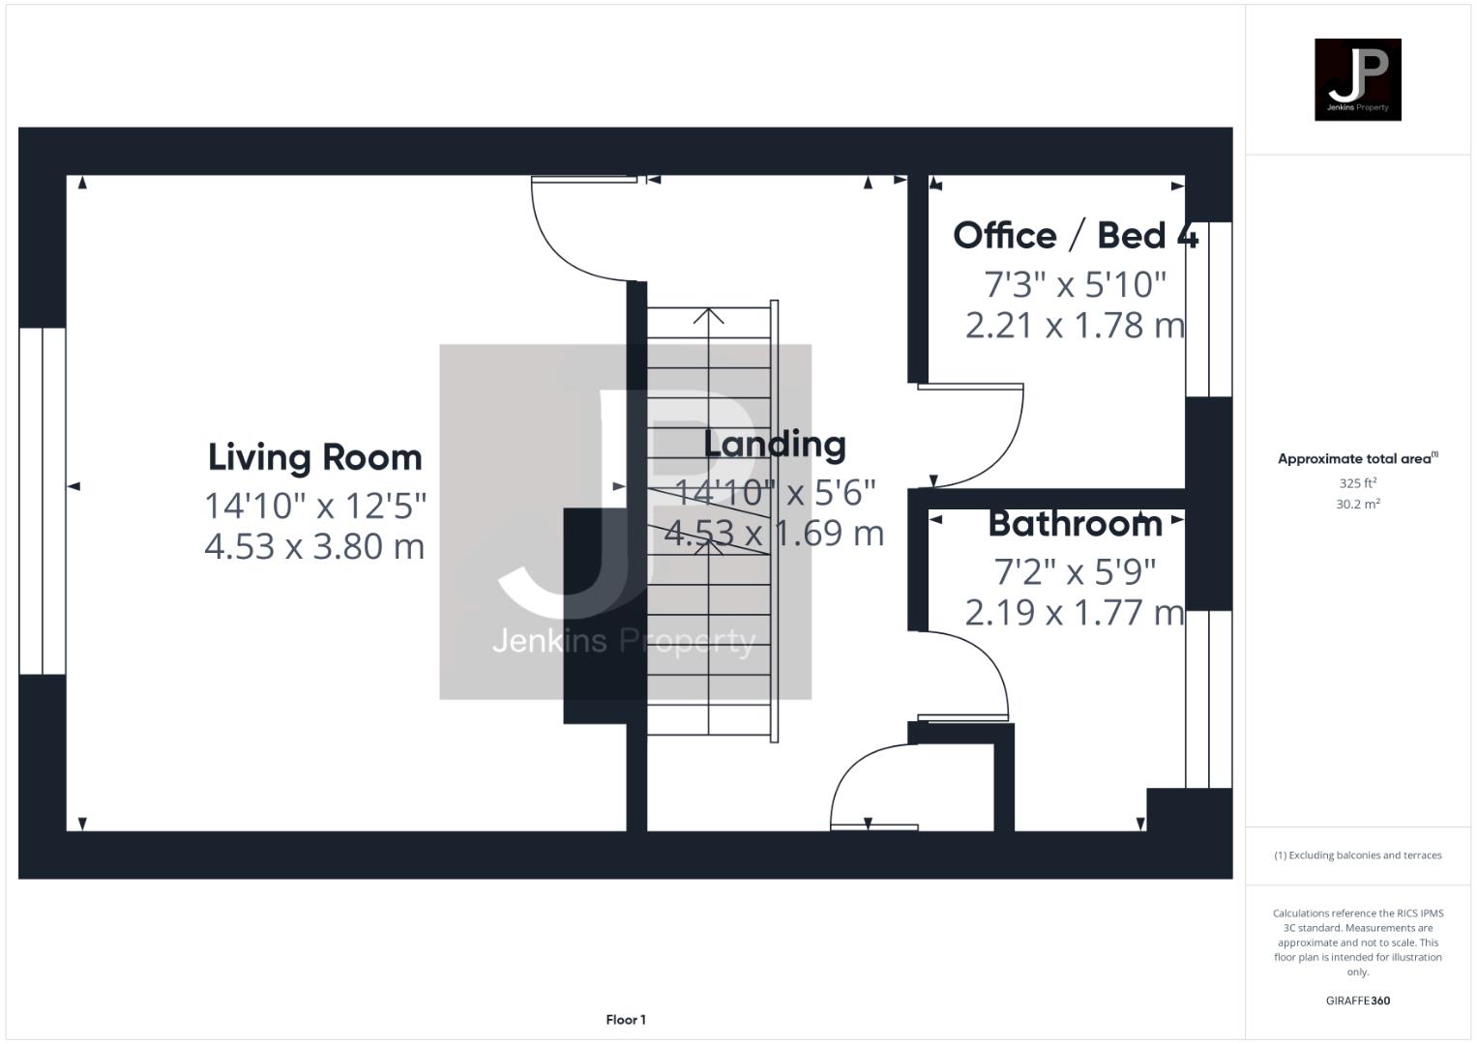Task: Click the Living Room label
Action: (x=315, y=457)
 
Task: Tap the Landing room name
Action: (x=774, y=445)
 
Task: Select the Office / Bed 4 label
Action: (x=1075, y=236)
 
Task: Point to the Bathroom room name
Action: (x=1075, y=524)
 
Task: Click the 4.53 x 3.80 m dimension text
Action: (x=314, y=546)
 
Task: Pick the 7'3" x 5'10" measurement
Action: (x=1075, y=284)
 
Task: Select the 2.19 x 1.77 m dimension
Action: (x=1075, y=612)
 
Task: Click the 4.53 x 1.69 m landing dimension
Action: (x=774, y=533)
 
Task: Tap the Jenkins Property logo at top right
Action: (x=1357, y=79)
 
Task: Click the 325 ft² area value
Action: (x=1357, y=483)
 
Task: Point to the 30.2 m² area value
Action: (x=1357, y=504)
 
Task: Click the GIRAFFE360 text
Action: (x=1357, y=1000)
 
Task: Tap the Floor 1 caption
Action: (x=626, y=1020)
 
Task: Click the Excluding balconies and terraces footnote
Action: (x=1357, y=855)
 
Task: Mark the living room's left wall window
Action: (x=43, y=501)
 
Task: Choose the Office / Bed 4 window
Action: (x=1209, y=309)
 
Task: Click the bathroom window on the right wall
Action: (x=1209, y=699)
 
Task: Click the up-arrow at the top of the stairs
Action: (x=710, y=316)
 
